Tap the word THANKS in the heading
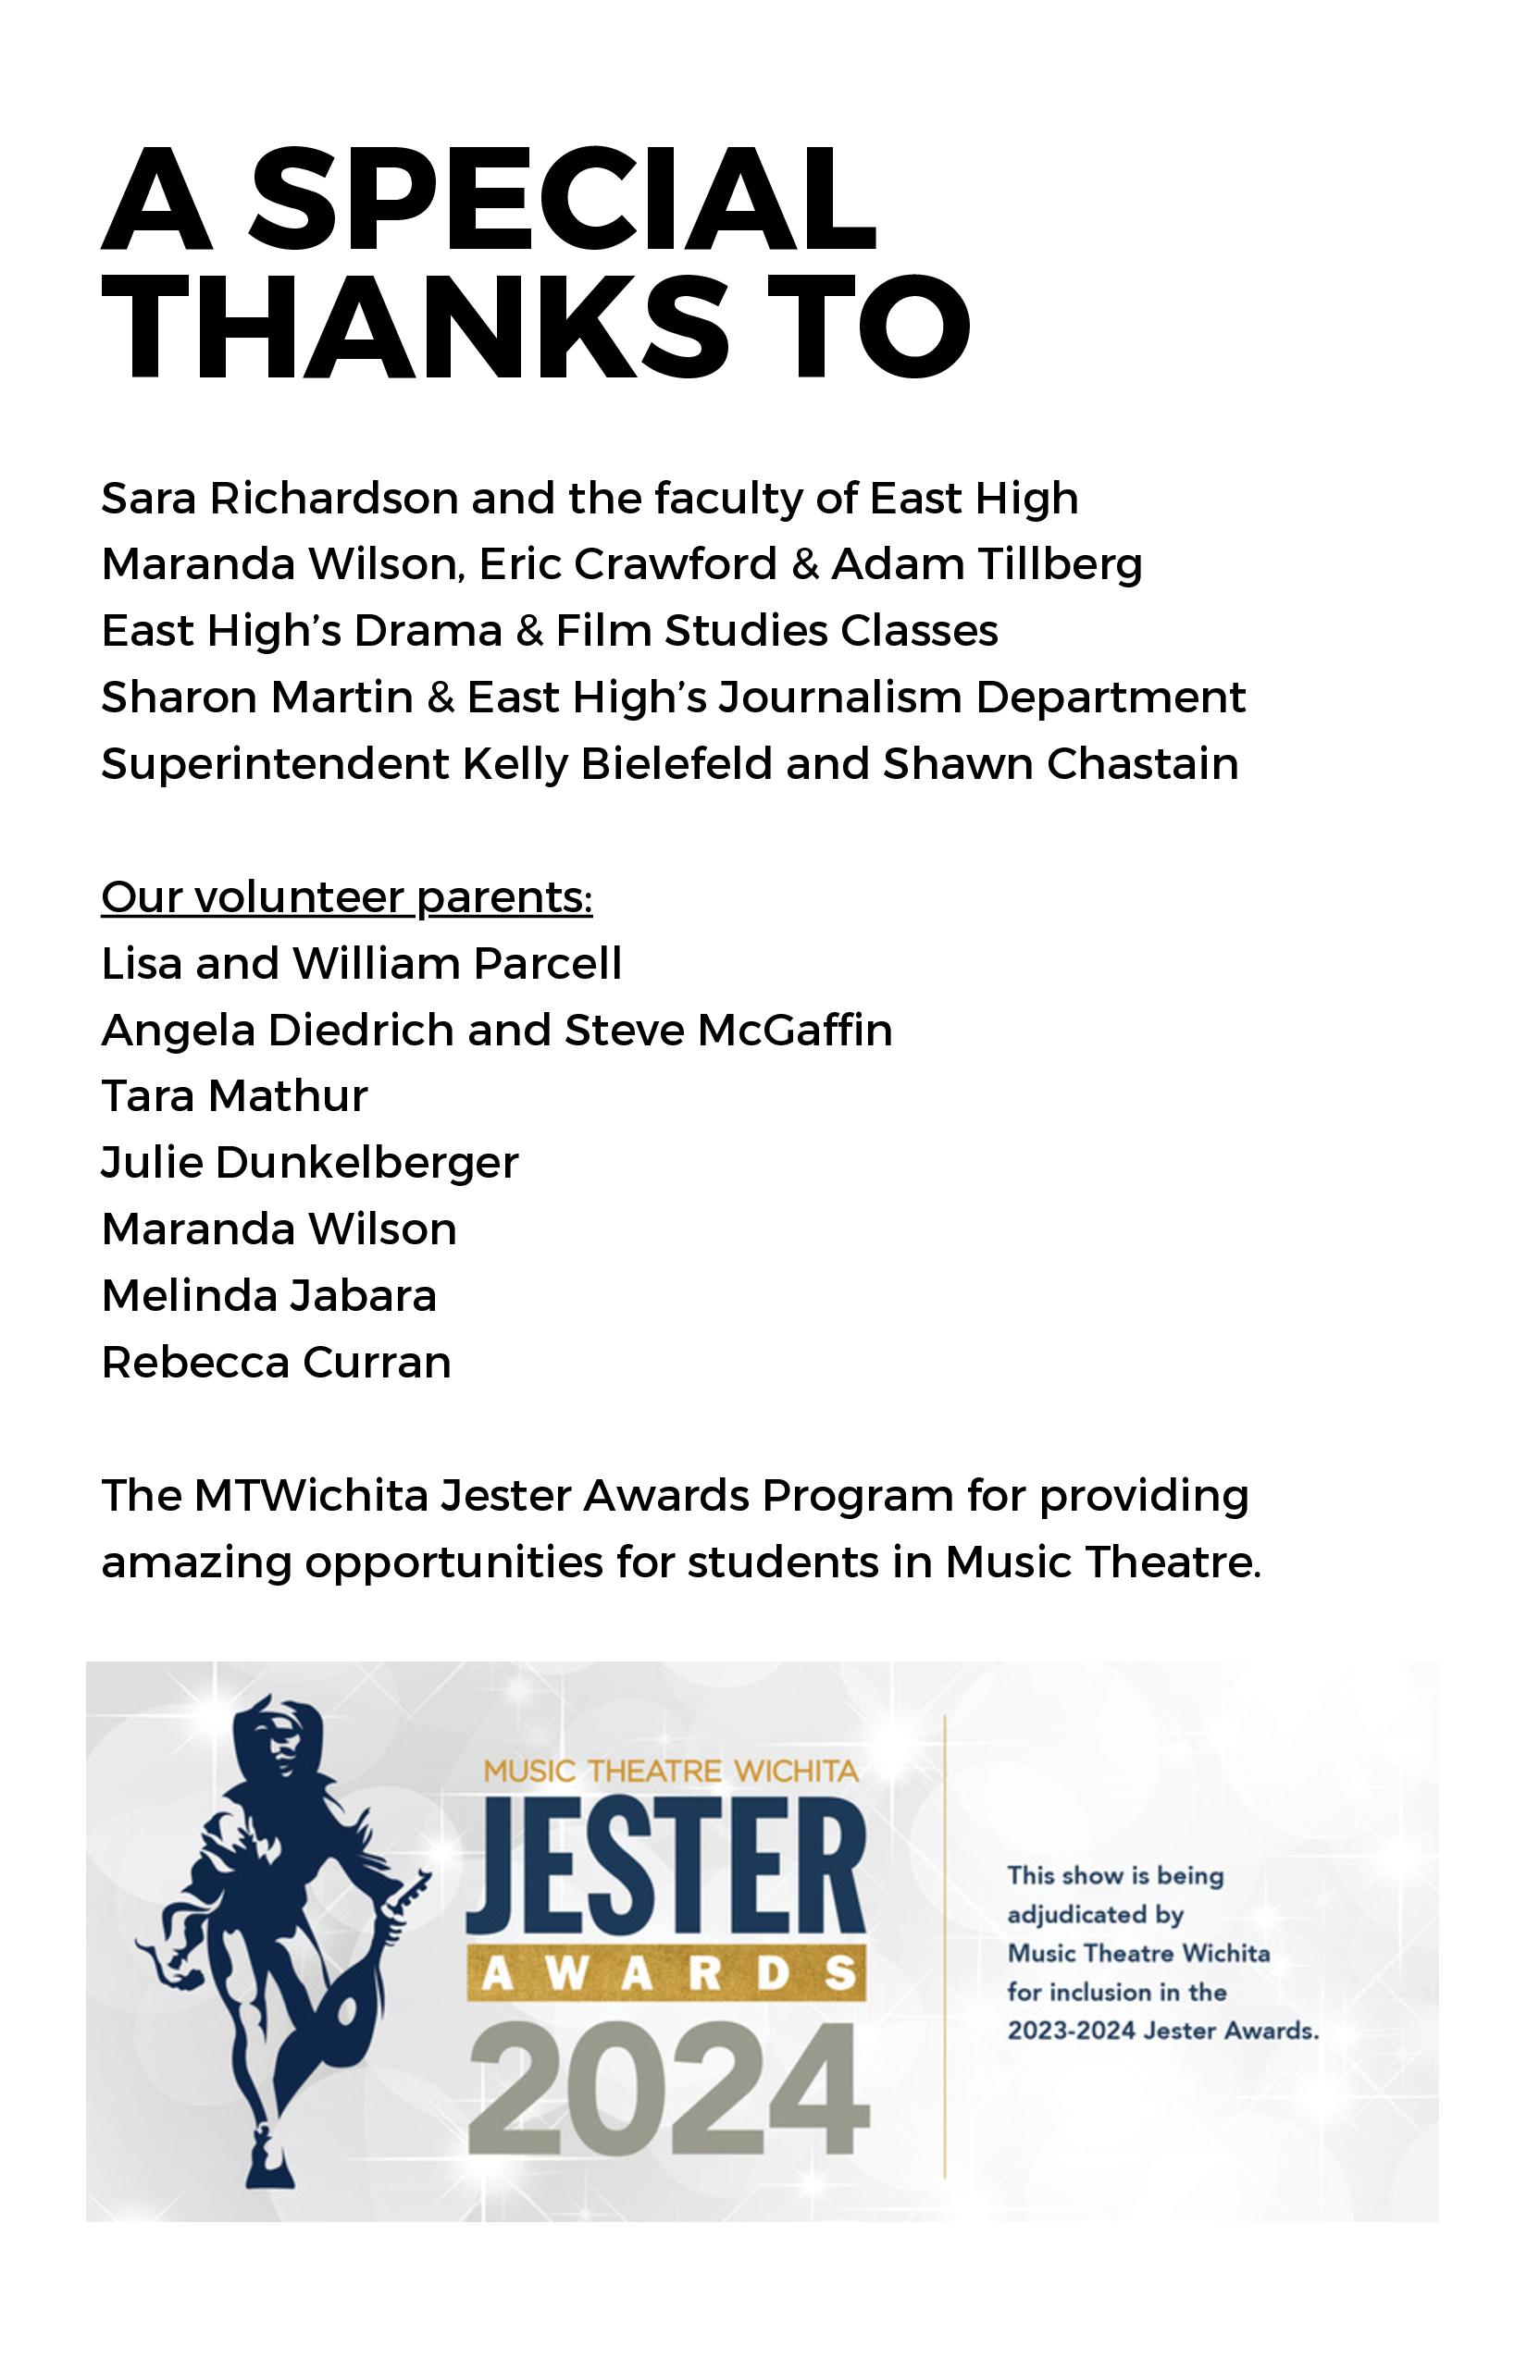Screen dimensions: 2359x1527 click(x=415, y=327)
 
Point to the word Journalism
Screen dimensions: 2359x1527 click(x=840, y=697)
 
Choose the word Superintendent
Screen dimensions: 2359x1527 click(x=275, y=764)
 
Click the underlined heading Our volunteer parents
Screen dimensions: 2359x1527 click(x=346, y=897)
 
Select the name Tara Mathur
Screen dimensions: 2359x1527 click(x=234, y=1096)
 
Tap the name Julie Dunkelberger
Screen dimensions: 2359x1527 click(x=309, y=1163)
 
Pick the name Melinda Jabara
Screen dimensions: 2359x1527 click(x=268, y=1295)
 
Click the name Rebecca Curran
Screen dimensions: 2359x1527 click(x=276, y=1362)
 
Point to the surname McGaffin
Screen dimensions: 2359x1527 click(x=794, y=1030)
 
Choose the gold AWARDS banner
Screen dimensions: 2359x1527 click(x=666, y=1973)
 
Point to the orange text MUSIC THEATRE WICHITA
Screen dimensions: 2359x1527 click(x=671, y=1771)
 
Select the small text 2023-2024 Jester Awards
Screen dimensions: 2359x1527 click(x=1163, y=2031)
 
